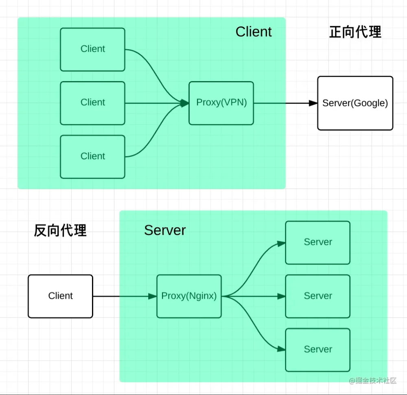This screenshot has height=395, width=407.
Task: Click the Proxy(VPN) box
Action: (x=221, y=103)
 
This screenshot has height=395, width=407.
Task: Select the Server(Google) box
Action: (x=355, y=103)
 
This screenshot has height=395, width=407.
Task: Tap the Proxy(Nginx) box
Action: (x=189, y=296)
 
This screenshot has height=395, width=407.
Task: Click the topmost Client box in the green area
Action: (x=92, y=49)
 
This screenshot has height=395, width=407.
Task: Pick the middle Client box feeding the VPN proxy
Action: (x=92, y=103)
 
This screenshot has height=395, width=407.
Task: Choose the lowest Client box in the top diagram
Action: (x=92, y=157)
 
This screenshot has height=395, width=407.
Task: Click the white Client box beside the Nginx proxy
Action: (x=60, y=296)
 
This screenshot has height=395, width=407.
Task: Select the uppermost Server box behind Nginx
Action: (x=317, y=242)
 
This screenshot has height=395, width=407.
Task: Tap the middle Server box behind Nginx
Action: (x=317, y=296)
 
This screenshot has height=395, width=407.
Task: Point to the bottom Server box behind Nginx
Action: (x=317, y=350)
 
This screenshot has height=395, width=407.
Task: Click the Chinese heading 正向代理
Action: (x=355, y=32)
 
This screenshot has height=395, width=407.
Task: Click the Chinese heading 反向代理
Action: (x=60, y=230)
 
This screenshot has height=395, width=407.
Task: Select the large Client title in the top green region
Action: (x=254, y=32)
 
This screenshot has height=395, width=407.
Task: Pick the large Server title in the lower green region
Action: (x=165, y=230)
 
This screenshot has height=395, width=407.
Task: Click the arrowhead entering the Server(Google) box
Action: (x=313, y=103)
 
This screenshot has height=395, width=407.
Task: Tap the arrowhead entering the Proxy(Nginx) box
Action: (x=153, y=296)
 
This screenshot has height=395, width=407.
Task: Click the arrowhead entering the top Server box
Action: (x=281, y=243)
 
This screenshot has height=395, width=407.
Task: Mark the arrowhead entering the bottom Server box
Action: (x=281, y=349)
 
